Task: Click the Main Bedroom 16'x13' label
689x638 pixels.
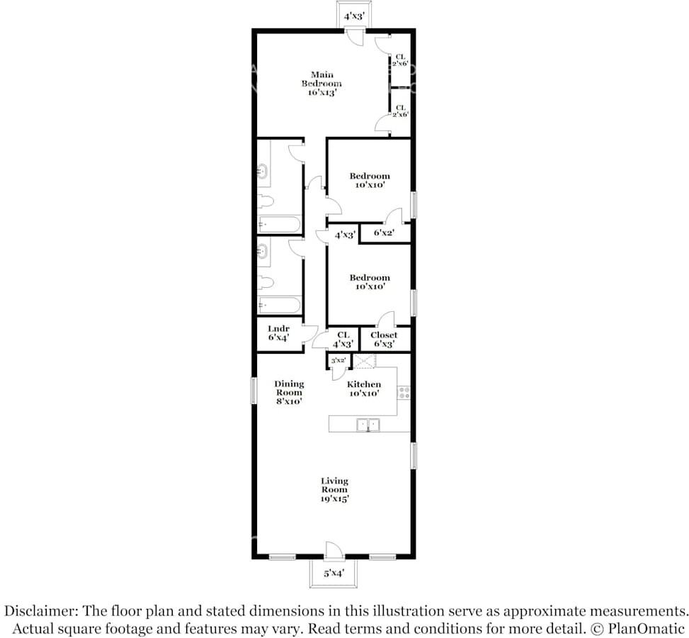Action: click(x=321, y=84)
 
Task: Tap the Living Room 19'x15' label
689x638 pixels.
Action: click(x=334, y=490)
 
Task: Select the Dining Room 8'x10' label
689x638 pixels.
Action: click(x=289, y=393)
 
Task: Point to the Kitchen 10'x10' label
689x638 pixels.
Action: click(x=364, y=388)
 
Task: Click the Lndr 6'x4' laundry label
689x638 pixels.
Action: click(x=278, y=333)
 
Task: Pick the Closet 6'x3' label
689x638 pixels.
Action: click(x=384, y=340)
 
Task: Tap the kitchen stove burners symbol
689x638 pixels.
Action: click(x=404, y=393)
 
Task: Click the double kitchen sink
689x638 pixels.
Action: click(x=368, y=425)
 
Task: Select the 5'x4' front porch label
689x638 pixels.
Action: click(x=334, y=573)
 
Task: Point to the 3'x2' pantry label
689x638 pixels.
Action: click(x=338, y=360)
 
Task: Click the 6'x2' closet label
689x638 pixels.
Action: click(x=384, y=233)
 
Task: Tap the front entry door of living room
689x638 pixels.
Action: click(x=333, y=551)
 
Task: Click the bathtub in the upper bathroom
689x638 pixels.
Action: click(x=279, y=224)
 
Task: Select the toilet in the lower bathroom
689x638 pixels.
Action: click(x=266, y=282)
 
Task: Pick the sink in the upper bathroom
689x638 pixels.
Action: click(x=263, y=171)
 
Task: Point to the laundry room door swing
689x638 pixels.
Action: click(x=309, y=333)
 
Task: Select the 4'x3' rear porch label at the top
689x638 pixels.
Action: click(x=354, y=17)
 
